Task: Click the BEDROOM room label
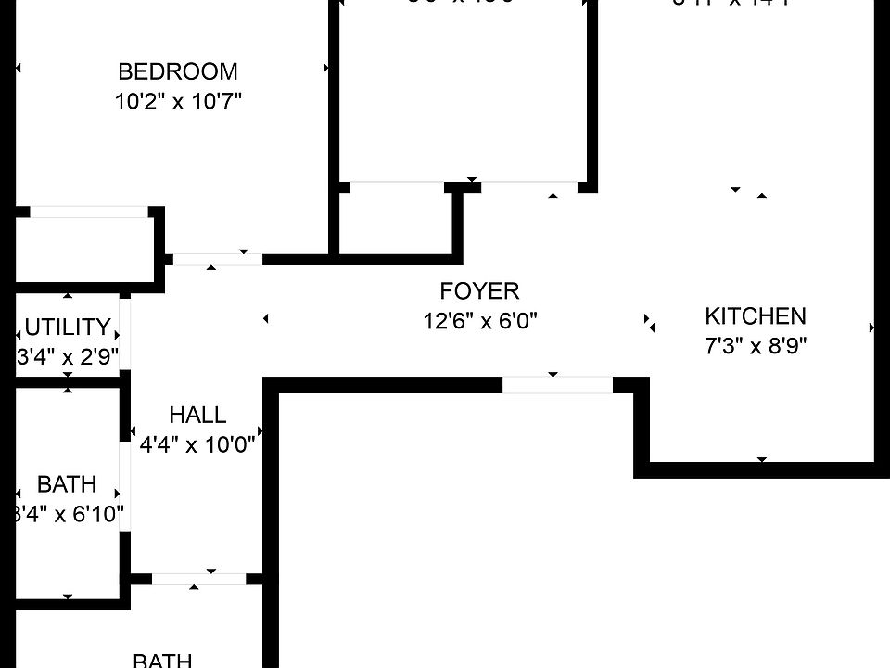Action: [178, 71]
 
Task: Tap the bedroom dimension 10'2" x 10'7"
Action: [178, 101]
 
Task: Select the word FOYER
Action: [479, 291]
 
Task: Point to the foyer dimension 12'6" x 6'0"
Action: [479, 321]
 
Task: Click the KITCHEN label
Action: [756, 315]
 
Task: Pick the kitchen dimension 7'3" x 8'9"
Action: [756, 346]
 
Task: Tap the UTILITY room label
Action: [67, 327]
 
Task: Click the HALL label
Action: [197, 415]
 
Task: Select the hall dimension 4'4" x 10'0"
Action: [197, 444]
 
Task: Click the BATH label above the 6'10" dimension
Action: [67, 483]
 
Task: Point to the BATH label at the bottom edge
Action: [162, 660]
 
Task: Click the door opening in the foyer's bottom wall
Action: [557, 384]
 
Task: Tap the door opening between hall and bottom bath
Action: [198, 579]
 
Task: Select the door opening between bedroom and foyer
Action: [218, 260]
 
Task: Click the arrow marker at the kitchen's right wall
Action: [871, 328]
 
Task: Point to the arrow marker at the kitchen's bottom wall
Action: [762, 459]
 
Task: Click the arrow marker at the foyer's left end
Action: [266, 319]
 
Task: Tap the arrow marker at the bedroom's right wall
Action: [325, 68]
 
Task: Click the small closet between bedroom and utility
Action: [83, 246]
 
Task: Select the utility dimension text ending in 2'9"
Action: [68, 357]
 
